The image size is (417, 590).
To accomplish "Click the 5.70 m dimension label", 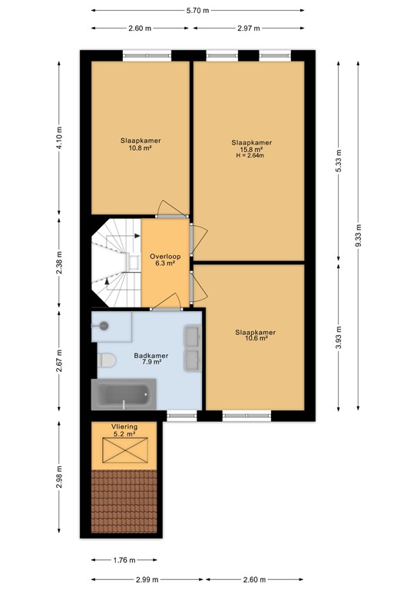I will (x=198, y=12).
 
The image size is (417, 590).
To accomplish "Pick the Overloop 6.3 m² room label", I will (x=163, y=260).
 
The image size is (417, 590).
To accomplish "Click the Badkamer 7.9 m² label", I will (x=151, y=359).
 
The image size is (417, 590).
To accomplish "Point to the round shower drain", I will (x=104, y=326).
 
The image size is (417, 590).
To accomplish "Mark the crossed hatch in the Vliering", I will (x=123, y=455).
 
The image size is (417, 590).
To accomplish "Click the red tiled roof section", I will (x=123, y=503).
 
